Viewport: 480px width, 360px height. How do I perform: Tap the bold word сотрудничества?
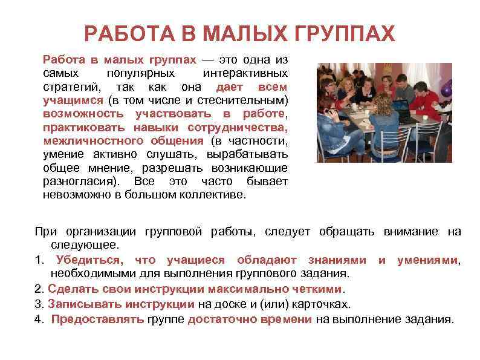click(238, 128)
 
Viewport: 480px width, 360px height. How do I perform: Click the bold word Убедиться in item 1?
click(87, 260)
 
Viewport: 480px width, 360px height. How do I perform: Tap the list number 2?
click(38, 289)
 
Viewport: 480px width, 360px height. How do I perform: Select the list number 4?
click(38, 319)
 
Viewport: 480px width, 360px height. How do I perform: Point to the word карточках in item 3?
click(320, 304)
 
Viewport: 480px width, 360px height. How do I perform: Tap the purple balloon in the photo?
click(446, 91)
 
